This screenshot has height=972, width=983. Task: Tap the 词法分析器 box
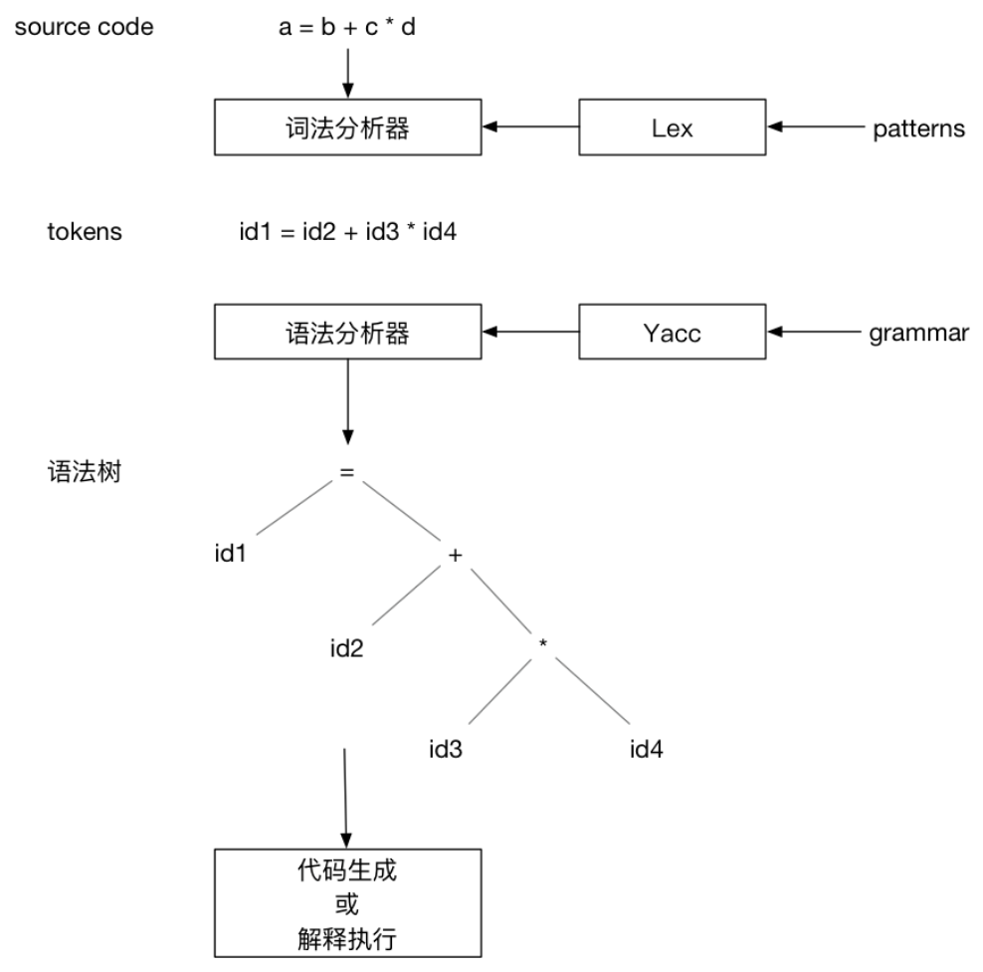point(347,126)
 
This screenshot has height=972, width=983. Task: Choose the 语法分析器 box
point(347,332)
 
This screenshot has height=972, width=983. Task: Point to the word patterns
point(918,128)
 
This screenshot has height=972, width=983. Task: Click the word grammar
point(918,333)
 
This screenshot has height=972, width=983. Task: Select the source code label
point(84,27)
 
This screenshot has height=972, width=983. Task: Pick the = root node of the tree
point(346,474)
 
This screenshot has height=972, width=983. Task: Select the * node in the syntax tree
point(543,644)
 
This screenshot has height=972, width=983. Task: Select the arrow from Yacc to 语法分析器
point(531,332)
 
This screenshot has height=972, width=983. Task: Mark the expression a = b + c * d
point(346,27)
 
